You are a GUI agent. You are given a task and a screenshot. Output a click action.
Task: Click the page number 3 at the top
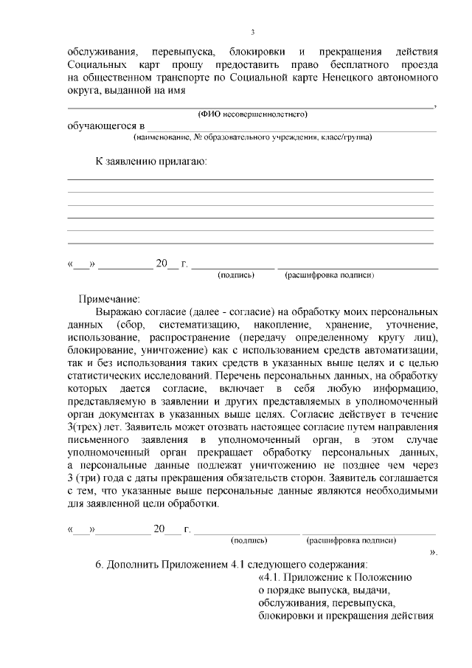tap(252, 32)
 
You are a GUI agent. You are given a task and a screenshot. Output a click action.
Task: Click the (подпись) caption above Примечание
tap(236, 275)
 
